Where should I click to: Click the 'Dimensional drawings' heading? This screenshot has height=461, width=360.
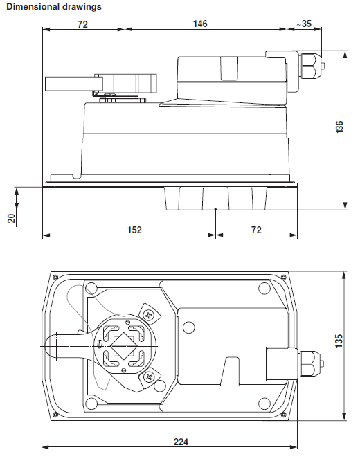[53, 6]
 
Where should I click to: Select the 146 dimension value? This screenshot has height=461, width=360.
[199, 24]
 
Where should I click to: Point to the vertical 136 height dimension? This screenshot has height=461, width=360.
[339, 127]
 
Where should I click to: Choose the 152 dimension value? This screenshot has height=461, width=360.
[134, 230]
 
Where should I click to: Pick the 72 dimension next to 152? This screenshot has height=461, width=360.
[256, 230]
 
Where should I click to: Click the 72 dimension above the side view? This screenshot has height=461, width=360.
[82, 24]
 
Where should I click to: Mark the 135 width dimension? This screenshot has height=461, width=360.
[339, 342]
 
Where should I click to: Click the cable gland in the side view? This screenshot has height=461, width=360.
[312, 67]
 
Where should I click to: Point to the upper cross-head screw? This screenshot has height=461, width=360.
[148, 314]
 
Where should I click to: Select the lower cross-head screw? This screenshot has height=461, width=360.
[149, 377]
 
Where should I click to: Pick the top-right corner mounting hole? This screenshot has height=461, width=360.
[262, 288]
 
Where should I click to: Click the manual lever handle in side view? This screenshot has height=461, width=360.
[69, 84]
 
